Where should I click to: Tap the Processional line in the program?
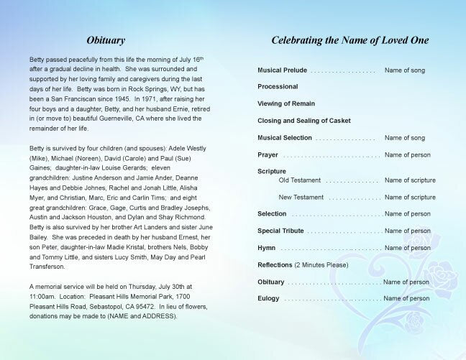(278, 87)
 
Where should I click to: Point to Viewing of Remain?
(285, 103)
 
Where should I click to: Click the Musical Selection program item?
(285, 137)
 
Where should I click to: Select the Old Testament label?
(300, 180)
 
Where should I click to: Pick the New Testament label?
(302, 197)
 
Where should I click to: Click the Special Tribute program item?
(280, 231)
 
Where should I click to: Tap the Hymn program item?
(267, 248)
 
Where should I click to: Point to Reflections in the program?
(275, 265)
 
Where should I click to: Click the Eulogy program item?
(269, 298)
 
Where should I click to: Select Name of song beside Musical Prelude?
(405, 70)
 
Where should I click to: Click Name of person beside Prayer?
(407, 154)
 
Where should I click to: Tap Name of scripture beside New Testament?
(410, 197)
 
